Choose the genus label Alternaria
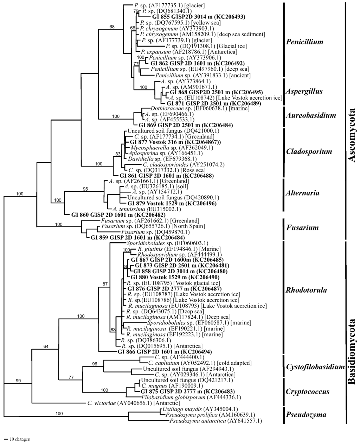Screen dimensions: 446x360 (x=303, y=193)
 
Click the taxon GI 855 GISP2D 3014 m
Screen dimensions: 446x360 (x=198, y=17)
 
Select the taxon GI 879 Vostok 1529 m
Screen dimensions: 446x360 (x=172, y=203)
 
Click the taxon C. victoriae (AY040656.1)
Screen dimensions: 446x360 (x=133, y=403)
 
